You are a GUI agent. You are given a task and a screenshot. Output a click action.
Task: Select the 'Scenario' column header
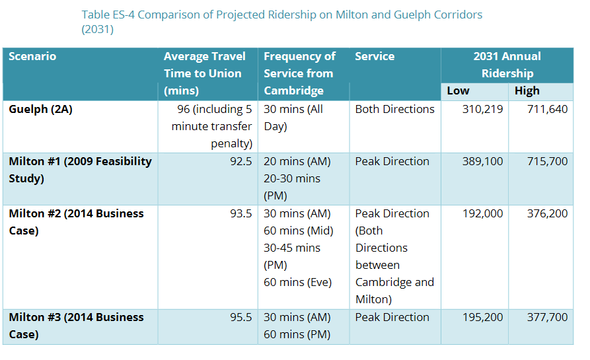32,57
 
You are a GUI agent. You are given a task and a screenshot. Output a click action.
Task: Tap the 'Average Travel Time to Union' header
204,73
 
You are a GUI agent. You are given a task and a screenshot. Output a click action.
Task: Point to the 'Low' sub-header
458,91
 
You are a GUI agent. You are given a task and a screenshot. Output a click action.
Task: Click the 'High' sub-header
527,91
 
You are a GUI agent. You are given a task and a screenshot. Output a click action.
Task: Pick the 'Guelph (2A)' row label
40,109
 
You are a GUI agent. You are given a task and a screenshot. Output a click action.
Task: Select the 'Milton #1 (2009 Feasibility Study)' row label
80,170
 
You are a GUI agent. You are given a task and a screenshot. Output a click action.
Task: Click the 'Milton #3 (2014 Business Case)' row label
76,326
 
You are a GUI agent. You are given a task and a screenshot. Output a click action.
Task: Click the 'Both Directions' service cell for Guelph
394,109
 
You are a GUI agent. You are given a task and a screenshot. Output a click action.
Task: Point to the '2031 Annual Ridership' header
507,65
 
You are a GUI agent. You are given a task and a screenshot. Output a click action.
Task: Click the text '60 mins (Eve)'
297,282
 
